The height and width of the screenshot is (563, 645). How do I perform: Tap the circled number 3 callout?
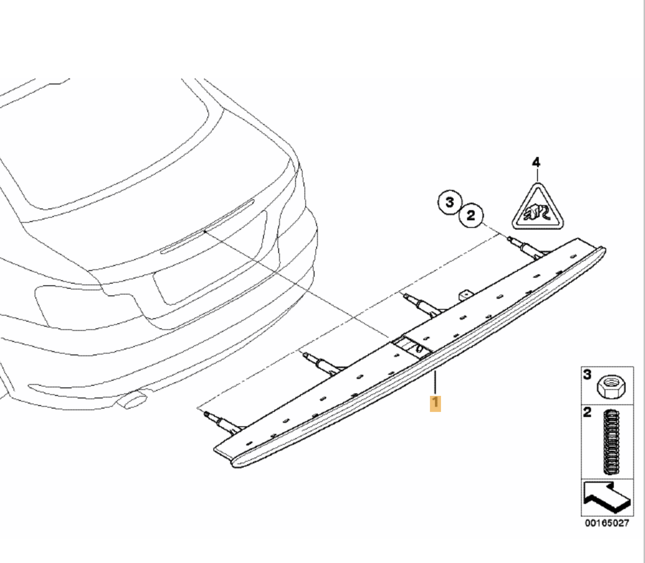[450, 202]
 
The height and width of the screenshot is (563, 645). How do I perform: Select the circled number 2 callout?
[470, 216]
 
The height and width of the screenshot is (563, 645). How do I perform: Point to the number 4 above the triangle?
[536, 163]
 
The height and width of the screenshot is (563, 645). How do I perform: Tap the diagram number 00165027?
[607, 523]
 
